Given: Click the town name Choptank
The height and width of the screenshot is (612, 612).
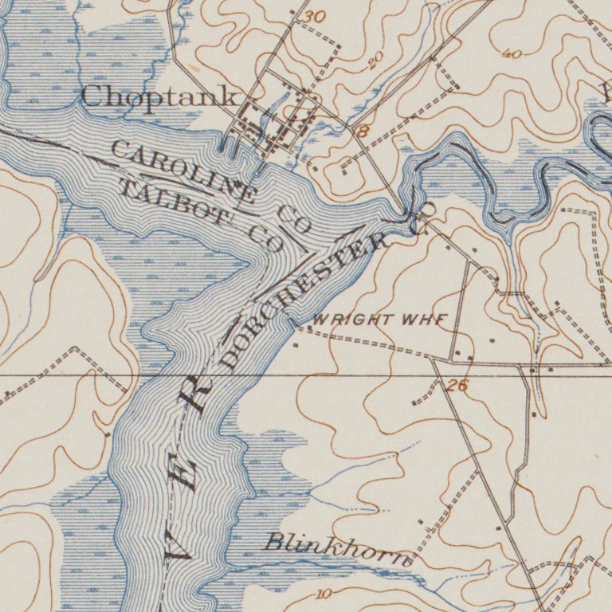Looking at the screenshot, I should tap(159, 97).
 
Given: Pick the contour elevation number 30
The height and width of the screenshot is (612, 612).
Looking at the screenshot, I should tap(315, 17).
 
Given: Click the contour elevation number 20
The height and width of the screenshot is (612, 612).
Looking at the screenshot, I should tap(375, 58).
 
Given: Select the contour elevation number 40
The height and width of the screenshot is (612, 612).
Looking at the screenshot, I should tap(512, 54).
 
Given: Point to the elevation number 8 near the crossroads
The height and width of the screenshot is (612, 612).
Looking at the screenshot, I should tap(362, 131).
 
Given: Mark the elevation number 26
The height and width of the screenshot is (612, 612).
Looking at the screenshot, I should tap(457, 386).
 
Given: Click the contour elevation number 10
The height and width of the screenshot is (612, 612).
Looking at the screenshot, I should tap(324, 594).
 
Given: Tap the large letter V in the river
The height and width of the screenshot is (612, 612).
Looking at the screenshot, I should tap(178, 548).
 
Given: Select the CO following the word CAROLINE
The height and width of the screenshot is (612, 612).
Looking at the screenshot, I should tap(294, 218).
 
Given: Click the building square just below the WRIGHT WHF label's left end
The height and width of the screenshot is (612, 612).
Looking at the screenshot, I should tap(296, 345).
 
